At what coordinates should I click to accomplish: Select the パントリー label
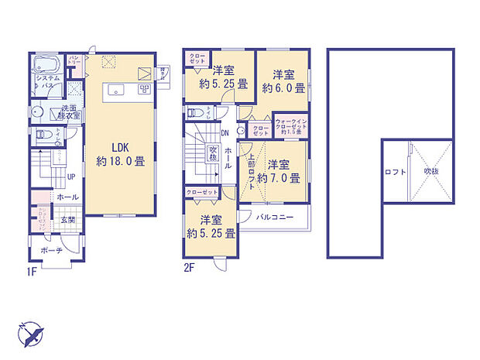75,59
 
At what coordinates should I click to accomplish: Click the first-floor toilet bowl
39,139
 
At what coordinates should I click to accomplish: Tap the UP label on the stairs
70,177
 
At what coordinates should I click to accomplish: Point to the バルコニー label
274,218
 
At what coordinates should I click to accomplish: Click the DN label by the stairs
225,133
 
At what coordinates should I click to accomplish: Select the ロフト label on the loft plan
394,172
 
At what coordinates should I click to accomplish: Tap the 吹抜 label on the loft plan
431,171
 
